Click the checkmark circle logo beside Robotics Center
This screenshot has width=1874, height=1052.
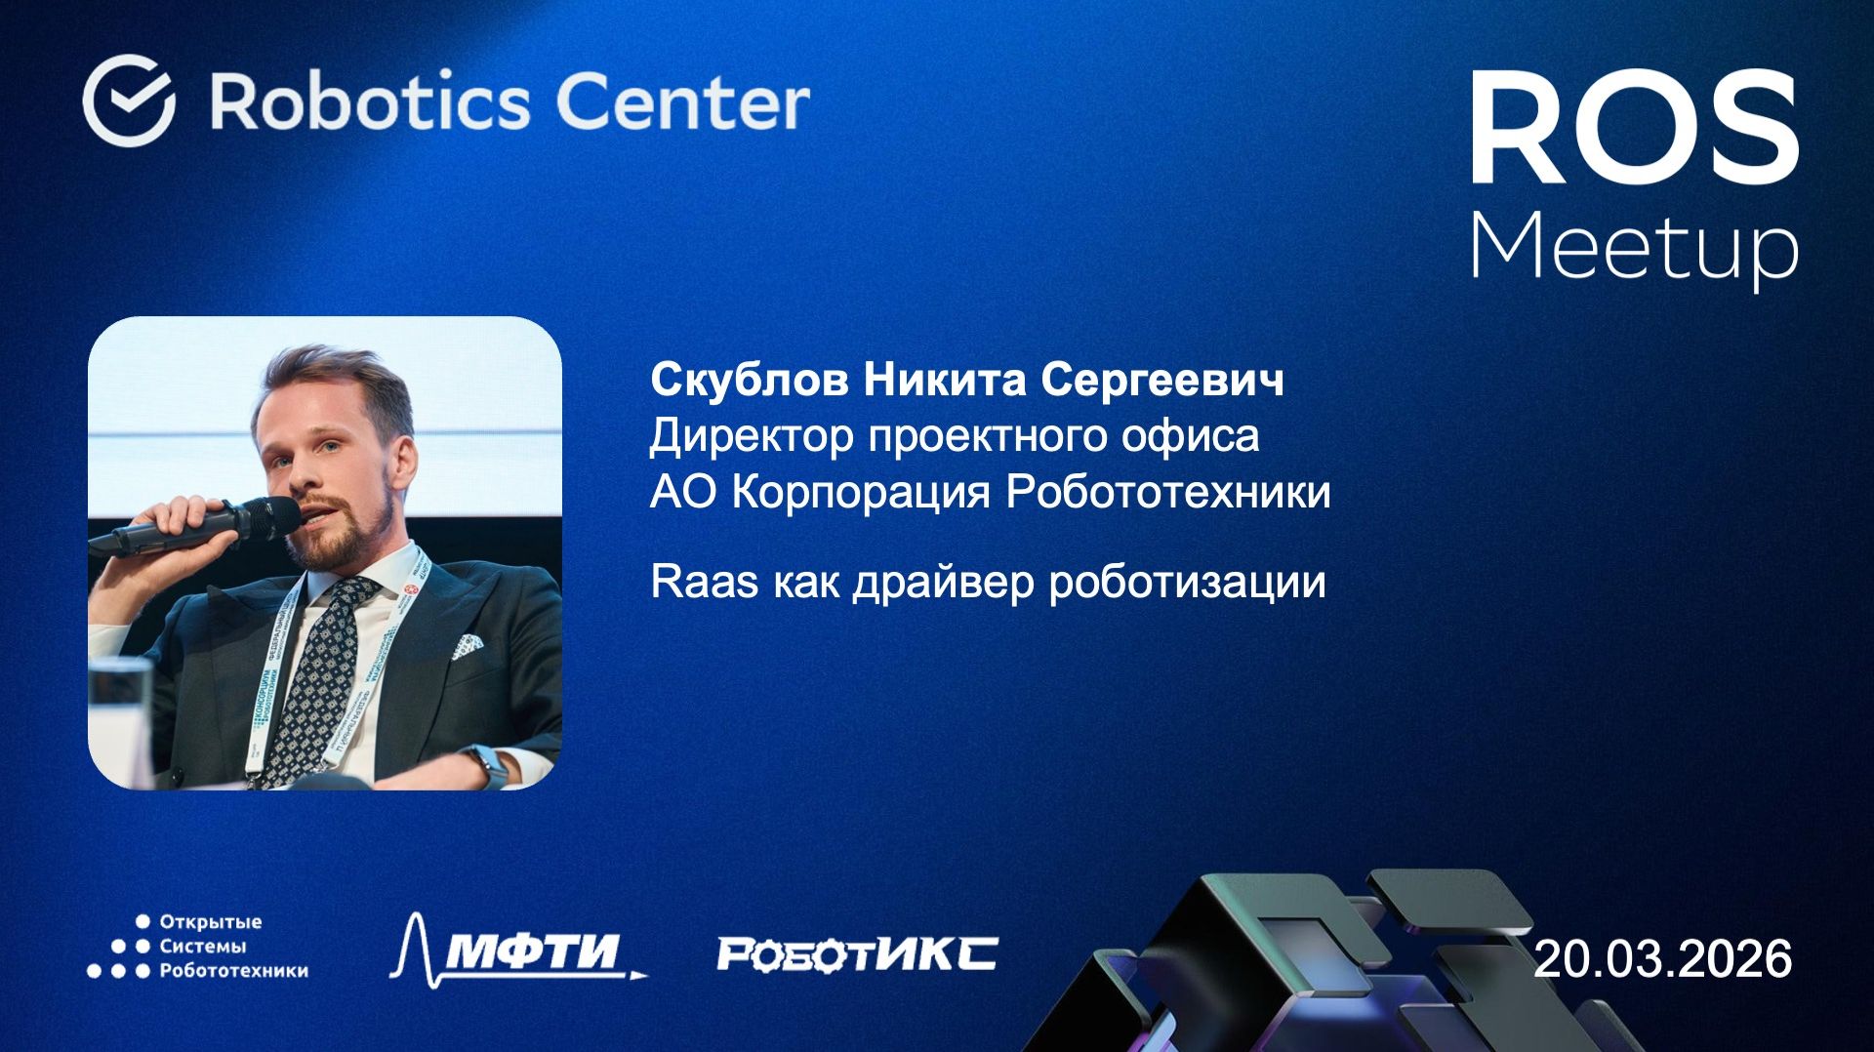[x=129, y=101]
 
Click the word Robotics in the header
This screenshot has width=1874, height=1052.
[x=371, y=102]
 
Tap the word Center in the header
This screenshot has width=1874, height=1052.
[x=682, y=102]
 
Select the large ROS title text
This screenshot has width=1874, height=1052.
[x=1634, y=129]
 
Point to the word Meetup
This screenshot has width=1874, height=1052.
[x=1634, y=248]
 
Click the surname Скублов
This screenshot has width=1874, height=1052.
[x=749, y=380]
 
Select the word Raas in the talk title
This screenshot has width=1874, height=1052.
[x=704, y=582]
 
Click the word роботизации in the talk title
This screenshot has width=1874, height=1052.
[x=1187, y=583]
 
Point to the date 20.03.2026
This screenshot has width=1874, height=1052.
[x=1663, y=958]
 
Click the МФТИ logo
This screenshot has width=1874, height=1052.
[x=518, y=949]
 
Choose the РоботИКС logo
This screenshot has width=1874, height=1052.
[x=857, y=953]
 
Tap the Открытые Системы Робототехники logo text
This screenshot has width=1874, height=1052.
[x=232, y=946]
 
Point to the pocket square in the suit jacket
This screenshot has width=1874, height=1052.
[x=467, y=645]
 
